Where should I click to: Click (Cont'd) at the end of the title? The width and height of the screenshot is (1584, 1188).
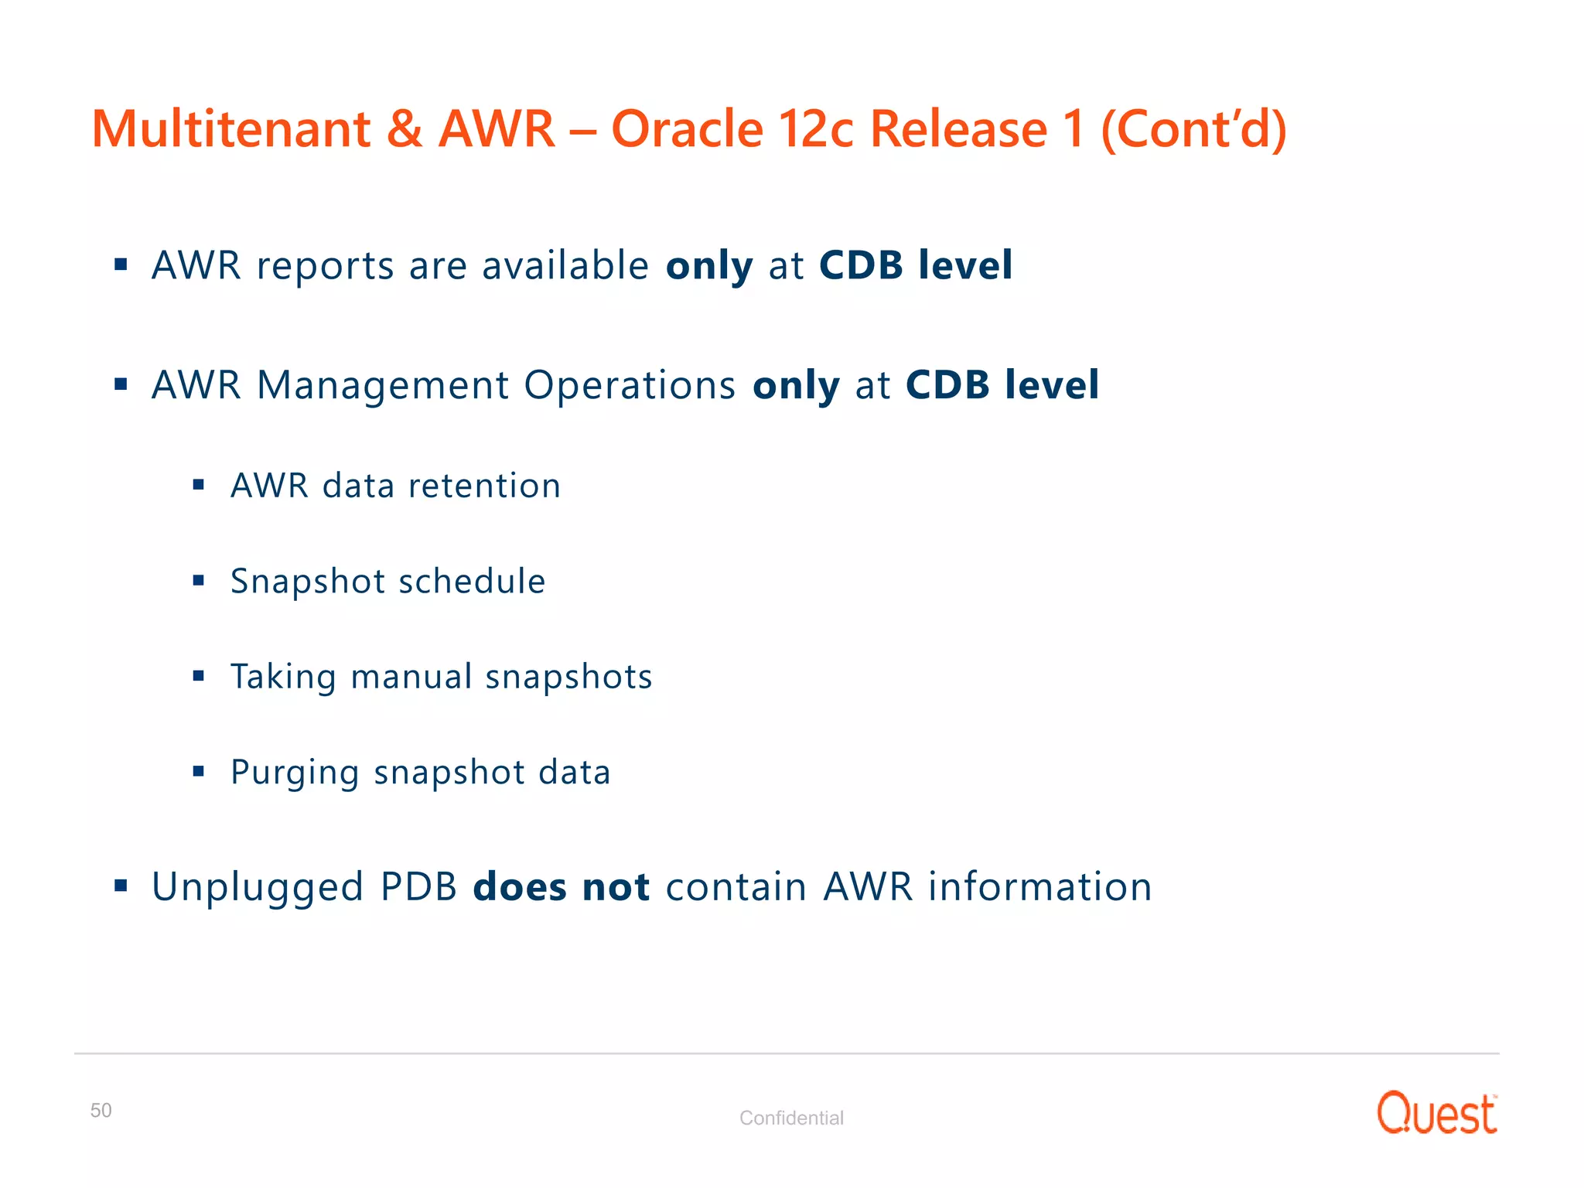1193,130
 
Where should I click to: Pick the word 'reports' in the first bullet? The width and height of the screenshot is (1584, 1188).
326,267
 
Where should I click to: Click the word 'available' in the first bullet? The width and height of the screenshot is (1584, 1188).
565,265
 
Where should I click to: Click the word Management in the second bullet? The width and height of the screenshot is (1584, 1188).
382,386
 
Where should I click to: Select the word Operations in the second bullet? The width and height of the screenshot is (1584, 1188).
630,386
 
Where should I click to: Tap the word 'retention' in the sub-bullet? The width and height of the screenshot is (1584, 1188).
484,486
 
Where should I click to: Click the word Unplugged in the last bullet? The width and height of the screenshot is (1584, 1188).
258,888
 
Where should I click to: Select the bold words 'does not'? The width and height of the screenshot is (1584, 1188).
561,887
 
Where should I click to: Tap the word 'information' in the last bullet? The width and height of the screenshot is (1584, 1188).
1039,887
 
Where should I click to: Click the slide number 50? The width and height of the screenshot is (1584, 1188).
101,1111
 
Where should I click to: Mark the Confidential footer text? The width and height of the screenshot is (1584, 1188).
791,1118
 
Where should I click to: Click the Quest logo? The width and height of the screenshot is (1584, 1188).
1436,1114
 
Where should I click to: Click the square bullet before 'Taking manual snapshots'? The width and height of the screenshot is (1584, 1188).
199,676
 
